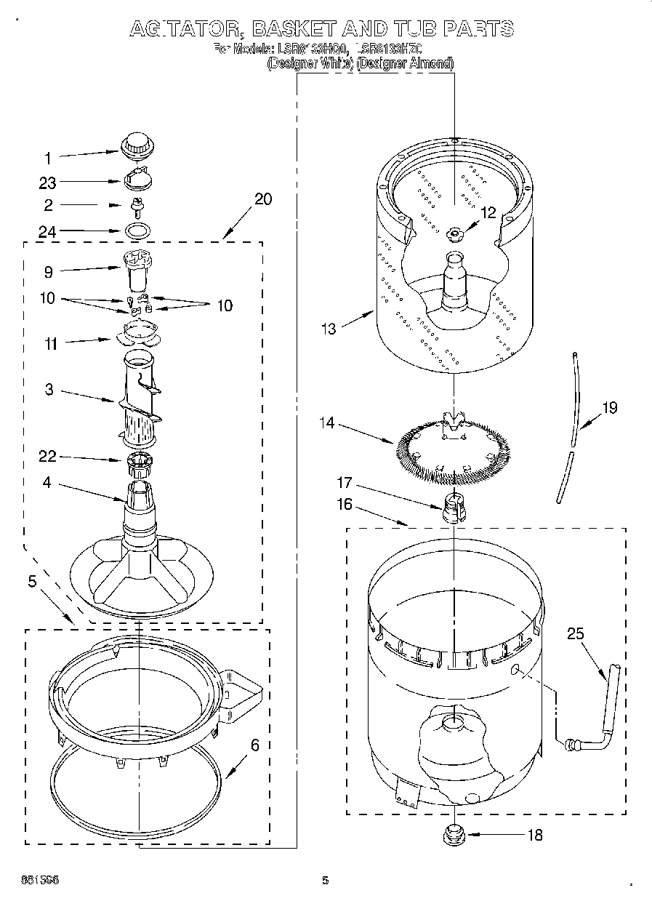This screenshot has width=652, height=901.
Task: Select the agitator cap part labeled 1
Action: point(135,145)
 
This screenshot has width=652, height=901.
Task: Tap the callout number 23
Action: point(48,183)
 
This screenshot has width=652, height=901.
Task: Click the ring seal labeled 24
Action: point(136,231)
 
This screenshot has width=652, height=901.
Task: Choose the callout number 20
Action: point(263,199)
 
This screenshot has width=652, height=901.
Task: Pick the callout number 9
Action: point(48,273)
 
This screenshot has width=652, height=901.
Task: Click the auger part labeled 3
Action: point(138,400)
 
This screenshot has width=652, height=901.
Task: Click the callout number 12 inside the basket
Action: point(488,212)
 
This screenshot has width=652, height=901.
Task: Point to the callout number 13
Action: point(329,329)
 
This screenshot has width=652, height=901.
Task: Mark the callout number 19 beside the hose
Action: point(609,407)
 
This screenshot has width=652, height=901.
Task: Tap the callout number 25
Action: point(575,634)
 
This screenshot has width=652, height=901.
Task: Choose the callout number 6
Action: point(255,745)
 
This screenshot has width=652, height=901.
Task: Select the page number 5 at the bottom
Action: point(325,881)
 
